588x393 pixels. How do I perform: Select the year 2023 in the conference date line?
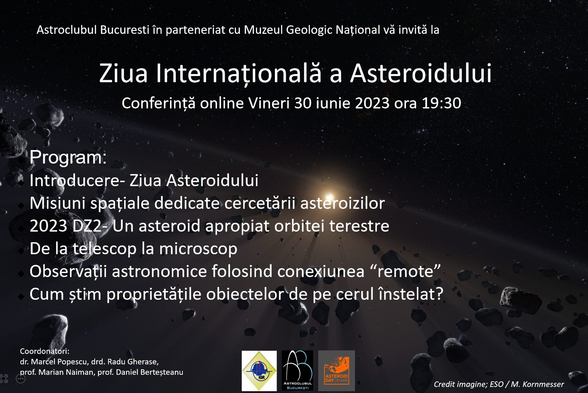(x=372, y=103)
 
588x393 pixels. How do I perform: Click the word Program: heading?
(x=68, y=157)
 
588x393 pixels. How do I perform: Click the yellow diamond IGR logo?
(x=259, y=371)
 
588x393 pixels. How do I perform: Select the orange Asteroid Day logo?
(x=336, y=370)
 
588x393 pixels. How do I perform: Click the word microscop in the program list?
(x=198, y=249)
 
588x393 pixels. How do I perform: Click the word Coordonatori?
(x=44, y=351)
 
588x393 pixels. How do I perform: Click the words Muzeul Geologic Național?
(x=312, y=30)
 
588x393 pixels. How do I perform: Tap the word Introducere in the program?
(x=74, y=180)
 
